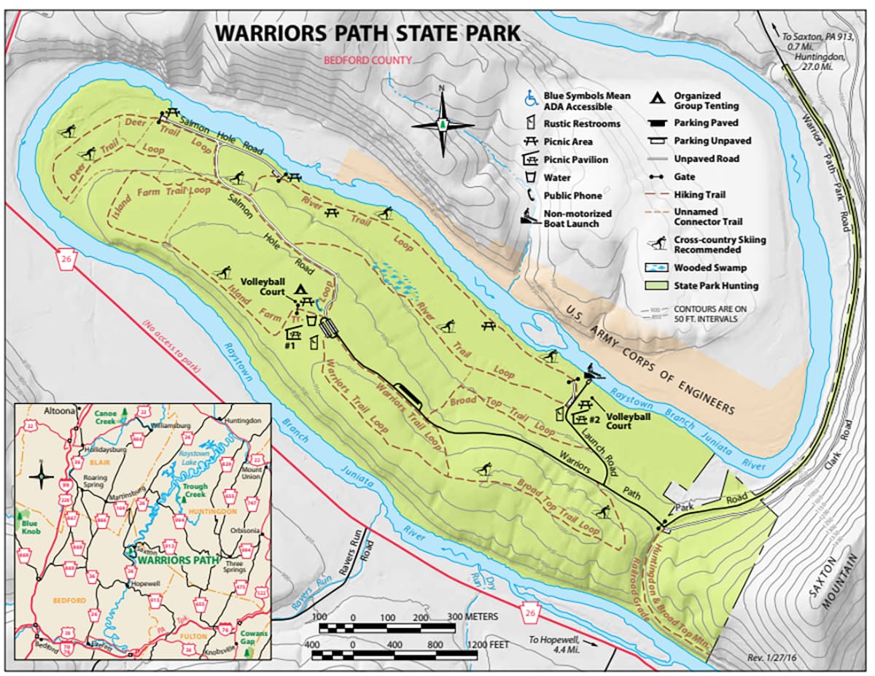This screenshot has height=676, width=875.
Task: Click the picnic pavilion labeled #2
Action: click(x=581, y=418)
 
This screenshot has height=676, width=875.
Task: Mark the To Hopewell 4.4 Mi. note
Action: click(x=554, y=645)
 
